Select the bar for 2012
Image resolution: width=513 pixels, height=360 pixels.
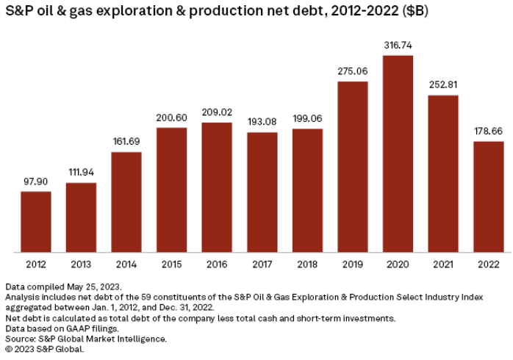pos(36,222)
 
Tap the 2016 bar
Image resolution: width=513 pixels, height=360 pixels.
pos(217,187)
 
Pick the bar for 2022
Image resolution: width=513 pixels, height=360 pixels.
pos(489,197)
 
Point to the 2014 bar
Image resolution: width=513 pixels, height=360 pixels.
pos(126,202)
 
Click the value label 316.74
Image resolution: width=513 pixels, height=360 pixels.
pos(398,46)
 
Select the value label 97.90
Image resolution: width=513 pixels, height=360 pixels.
pos(36,181)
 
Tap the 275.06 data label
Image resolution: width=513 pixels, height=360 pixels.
pos(353,71)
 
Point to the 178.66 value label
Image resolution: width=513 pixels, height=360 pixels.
pos(489,132)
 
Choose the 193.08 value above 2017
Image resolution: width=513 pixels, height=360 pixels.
pos(262,123)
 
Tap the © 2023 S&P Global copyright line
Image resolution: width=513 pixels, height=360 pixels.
pos(45,349)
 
